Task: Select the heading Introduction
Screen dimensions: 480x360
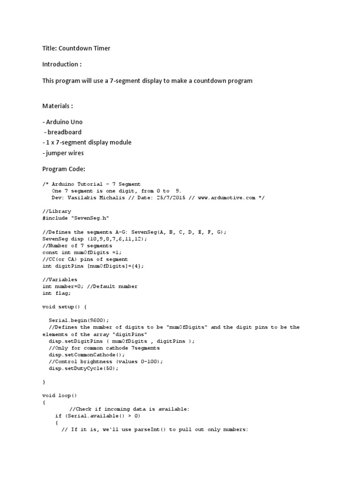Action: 60,64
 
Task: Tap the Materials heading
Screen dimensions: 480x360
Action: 57,106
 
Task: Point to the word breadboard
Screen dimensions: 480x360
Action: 64,132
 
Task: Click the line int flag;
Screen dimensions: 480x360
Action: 57,293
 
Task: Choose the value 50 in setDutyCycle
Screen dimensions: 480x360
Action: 109,368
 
